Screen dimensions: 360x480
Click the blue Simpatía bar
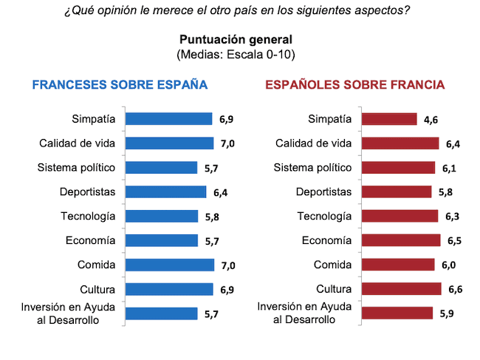pos(169,118)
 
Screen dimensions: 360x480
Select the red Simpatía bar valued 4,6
pos(388,118)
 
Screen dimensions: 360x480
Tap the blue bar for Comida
pos(169,265)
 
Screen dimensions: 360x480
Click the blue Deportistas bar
pos(165,192)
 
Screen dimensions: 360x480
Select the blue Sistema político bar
pos(162,168)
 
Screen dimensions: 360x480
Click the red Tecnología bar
pos(398,216)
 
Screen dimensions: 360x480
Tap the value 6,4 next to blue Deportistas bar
pos(220,193)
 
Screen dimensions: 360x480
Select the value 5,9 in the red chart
pos(446,313)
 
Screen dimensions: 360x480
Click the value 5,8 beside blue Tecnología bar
pos(212,217)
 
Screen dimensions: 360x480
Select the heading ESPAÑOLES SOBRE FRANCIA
pos(354,84)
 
